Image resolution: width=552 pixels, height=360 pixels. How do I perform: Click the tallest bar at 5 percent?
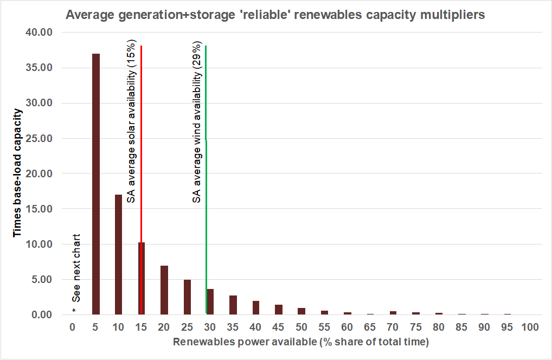pyautogui.click(x=96, y=184)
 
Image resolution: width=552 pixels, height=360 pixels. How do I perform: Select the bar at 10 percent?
pyautogui.click(x=119, y=254)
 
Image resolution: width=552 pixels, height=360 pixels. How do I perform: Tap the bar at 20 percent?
pyautogui.click(x=164, y=290)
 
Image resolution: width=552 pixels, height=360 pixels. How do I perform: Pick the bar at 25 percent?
pyautogui.click(x=187, y=297)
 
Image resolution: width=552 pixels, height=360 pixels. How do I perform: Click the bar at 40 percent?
pyautogui.click(x=256, y=307)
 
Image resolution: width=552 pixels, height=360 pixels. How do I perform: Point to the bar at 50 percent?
pyautogui.click(x=301, y=311)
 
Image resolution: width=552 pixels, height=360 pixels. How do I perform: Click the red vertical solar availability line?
pyautogui.click(x=141, y=136)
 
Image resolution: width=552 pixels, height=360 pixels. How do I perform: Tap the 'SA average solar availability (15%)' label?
pyautogui.click(x=131, y=123)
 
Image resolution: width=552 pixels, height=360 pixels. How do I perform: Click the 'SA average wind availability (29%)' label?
pyautogui.click(x=197, y=123)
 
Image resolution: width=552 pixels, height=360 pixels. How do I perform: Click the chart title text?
pyautogui.click(x=275, y=15)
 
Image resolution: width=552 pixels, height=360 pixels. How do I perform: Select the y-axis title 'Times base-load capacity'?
pyautogui.click(x=18, y=172)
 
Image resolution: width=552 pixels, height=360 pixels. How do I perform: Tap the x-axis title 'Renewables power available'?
pyautogui.click(x=301, y=343)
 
